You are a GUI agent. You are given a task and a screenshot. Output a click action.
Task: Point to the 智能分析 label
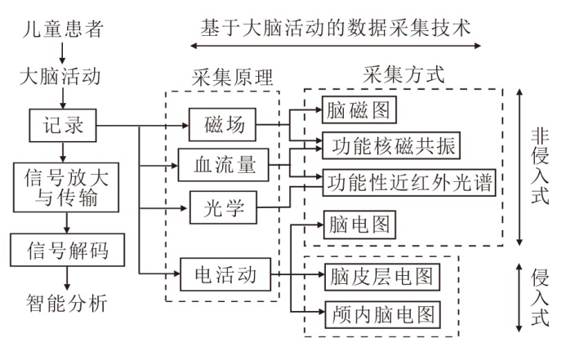(62, 304)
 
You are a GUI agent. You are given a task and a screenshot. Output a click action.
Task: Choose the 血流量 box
(222, 164)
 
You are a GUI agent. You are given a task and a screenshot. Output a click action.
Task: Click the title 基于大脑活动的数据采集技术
(336, 28)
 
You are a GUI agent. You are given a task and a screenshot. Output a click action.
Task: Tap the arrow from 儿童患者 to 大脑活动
(63, 56)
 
